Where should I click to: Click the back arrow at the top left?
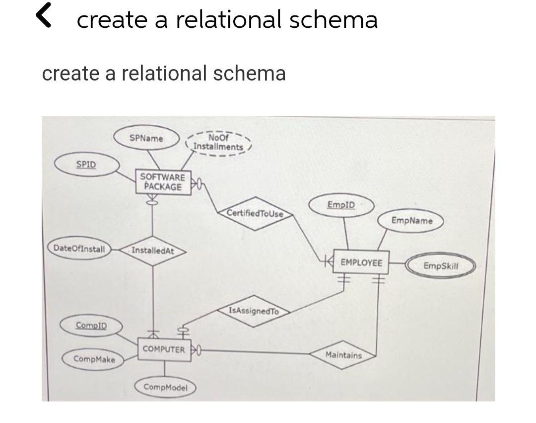[45, 16]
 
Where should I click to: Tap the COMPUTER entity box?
[164, 349]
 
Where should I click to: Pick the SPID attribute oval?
[86, 165]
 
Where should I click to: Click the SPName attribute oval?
[146, 138]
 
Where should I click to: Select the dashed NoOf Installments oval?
[218, 143]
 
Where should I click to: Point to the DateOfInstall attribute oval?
[79, 249]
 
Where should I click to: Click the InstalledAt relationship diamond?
[153, 251]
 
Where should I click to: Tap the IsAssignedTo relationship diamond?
[254, 311]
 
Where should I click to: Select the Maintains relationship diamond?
[343, 355]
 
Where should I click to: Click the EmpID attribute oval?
[341, 205]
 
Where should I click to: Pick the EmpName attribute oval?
[411, 220]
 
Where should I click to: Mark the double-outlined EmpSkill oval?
[441, 266]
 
